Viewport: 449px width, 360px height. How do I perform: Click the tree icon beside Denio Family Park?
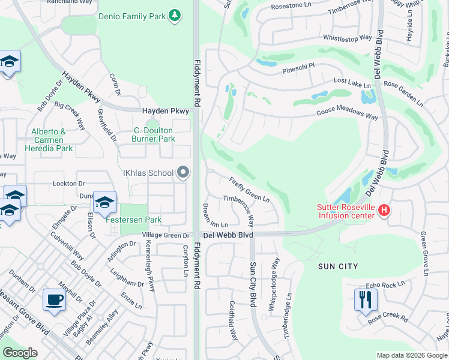point(174,14)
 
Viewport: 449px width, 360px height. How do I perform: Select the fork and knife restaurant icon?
point(366,299)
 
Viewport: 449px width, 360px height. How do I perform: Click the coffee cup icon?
point(54,299)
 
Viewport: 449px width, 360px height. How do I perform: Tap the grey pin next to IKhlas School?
point(184,173)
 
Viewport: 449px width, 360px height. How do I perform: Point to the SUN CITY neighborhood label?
point(339,266)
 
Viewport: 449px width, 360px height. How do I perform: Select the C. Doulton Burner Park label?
point(153,134)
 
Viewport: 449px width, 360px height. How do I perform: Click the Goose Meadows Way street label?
point(348,115)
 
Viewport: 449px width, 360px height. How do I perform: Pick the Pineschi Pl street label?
point(298,70)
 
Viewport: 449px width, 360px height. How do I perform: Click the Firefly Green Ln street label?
point(249,188)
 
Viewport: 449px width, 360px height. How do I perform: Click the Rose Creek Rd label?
point(388,319)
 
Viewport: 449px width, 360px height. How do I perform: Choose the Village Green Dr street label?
point(166,236)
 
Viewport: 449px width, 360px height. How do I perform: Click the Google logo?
point(20,353)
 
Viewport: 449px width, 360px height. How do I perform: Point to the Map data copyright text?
point(411,355)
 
